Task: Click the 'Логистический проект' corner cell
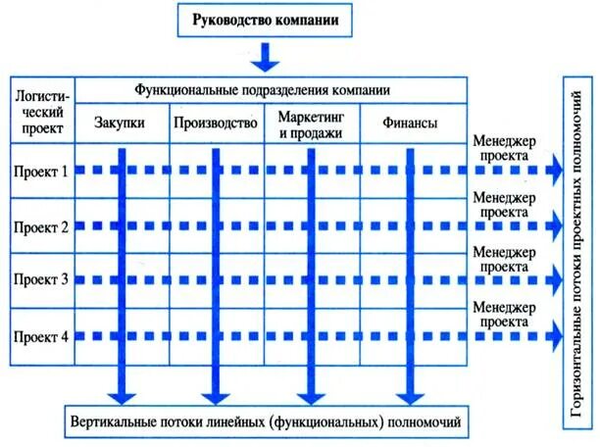40,111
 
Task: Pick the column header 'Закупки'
121,124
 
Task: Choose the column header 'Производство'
215,124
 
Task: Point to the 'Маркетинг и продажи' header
310,124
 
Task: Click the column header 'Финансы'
408,124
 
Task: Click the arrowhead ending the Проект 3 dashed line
556,280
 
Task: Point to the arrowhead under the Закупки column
121,394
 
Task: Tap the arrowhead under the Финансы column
408,394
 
